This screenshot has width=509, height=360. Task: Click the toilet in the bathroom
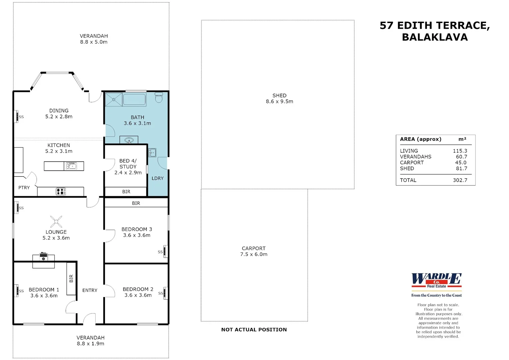point(159,97)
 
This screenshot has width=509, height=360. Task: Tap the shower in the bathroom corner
point(114,99)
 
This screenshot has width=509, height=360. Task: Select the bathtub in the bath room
point(134,99)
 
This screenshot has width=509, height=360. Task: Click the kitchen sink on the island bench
point(71,166)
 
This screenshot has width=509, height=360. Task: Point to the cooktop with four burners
point(61,191)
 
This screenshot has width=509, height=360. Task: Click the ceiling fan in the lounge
point(56,222)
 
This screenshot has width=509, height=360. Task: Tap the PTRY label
point(24,187)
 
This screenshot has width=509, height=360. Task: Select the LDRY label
point(157,178)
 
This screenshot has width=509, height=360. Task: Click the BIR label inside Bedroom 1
point(71,278)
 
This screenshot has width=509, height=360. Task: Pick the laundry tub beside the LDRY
point(152,153)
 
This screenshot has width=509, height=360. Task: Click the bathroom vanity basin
point(129,140)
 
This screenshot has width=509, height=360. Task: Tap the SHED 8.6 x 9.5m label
point(279,98)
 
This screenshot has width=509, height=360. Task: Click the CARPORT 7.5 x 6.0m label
point(254,251)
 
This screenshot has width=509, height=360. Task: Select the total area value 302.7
point(460,180)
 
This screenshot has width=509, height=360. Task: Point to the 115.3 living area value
point(460,151)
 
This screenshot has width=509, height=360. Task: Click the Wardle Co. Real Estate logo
point(437,285)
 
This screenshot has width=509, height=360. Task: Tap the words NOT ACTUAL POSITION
point(254,330)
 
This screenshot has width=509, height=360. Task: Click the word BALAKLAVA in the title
point(435,37)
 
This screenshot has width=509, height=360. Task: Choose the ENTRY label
point(90,290)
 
